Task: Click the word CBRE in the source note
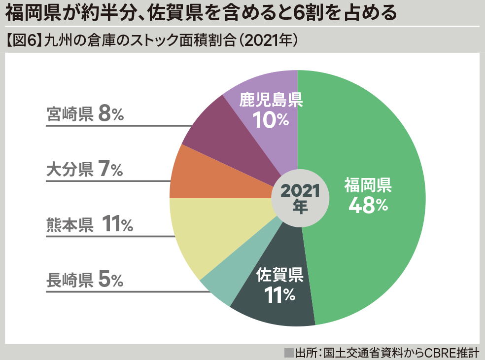coord(431,353)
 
